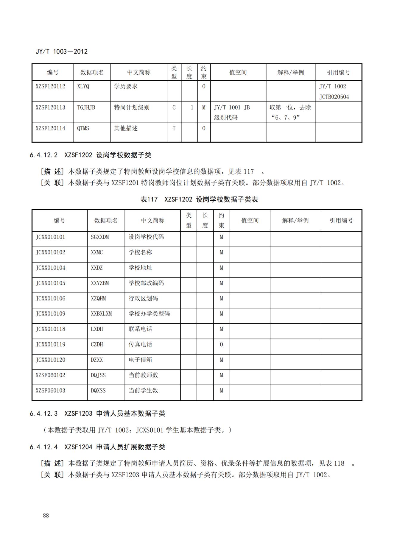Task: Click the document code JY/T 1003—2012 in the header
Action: [x=61, y=52]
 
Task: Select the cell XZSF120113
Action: [x=50, y=107]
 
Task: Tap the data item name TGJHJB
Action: [x=86, y=107]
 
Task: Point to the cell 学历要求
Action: [x=126, y=86]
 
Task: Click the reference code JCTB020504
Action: [x=334, y=97]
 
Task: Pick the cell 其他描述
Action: [x=126, y=128]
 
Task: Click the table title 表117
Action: [x=149, y=199]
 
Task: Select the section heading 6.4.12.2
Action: [x=43, y=155]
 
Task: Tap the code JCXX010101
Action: [x=50, y=237]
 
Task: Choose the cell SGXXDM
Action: [x=100, y=237]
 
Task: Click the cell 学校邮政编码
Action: [x=146, y=283]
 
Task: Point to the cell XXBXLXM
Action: [x=101, y=314]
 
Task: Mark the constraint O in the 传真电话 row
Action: [x=221, y=344]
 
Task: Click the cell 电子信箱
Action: [x=140, y=360]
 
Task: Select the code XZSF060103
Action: [x=50, y=391]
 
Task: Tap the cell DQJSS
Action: [x=98, y=375]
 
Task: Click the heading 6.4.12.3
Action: [x=43, y=414]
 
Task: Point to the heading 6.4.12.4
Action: [x=43, y=447]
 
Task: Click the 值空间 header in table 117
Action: [x=250, y=221]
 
